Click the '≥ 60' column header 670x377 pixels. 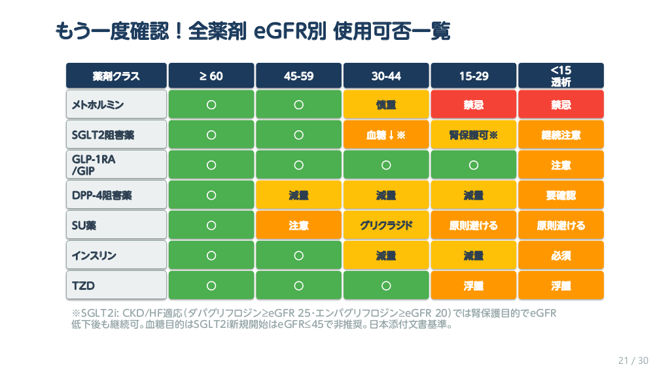(211, 76)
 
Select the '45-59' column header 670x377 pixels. (298, 76)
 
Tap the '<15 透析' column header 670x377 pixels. (561, 76)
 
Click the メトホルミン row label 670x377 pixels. (116, 105)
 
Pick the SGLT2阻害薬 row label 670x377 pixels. (116, 135)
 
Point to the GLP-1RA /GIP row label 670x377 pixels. (116, 165)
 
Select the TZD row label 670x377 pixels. (116, 285)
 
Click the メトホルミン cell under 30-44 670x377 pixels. (386, 105)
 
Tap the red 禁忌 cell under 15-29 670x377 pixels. (474, 105)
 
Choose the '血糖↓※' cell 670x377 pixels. (386, 135)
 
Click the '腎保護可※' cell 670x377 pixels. (474, 135)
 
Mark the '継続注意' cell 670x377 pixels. (561, 135)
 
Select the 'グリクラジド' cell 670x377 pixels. (386, 225)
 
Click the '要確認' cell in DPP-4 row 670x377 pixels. (561, 195)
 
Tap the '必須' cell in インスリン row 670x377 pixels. (561, 255)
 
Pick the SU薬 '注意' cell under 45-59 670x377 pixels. (298, 225)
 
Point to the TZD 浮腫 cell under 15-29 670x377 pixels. (474, 285)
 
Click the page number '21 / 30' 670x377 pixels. (633, 361)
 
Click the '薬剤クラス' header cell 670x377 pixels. (116, 76)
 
